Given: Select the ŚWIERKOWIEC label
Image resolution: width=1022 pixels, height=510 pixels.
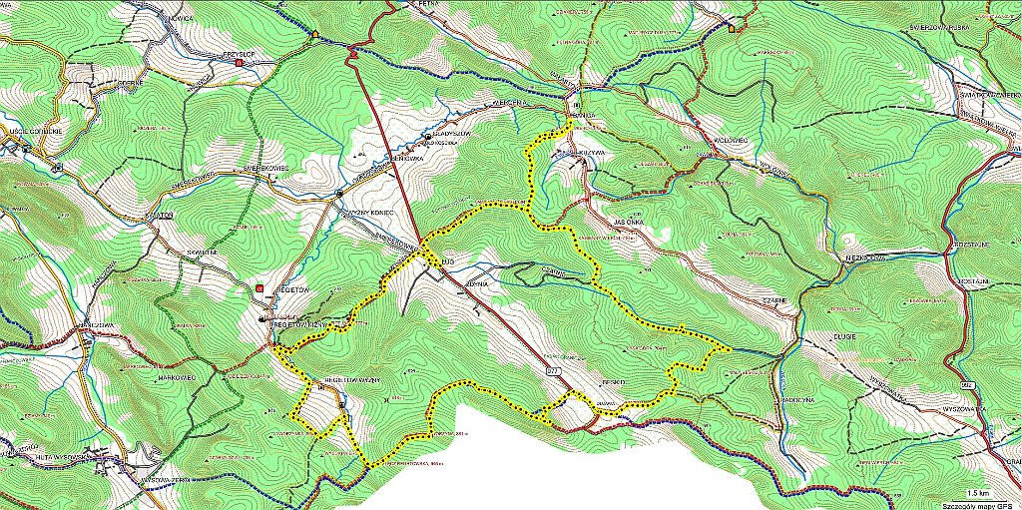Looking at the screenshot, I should (x=265, y=170).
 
